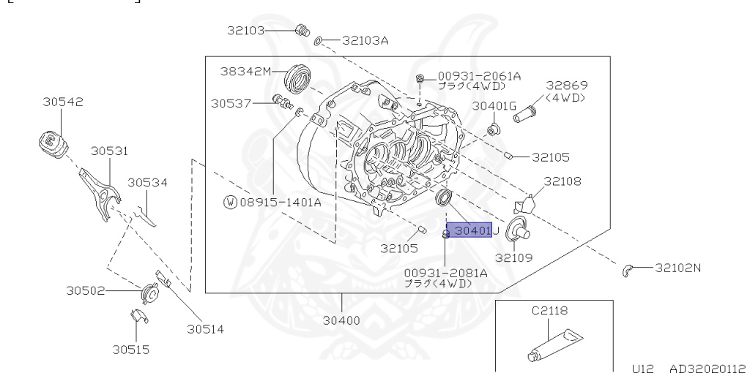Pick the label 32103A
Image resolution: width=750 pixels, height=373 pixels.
pos(363,40)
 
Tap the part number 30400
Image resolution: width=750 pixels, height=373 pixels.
pos(343,320)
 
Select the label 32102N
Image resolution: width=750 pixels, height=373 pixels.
pos(677,268)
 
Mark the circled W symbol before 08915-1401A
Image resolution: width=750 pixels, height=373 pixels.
pos(230,201)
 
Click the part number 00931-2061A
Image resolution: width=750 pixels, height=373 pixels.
pos(479,75)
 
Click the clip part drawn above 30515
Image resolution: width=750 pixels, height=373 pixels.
pos(136,317)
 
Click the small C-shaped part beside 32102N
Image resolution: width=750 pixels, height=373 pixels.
pos(627,271)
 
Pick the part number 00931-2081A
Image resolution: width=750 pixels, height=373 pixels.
pos(445,273)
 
